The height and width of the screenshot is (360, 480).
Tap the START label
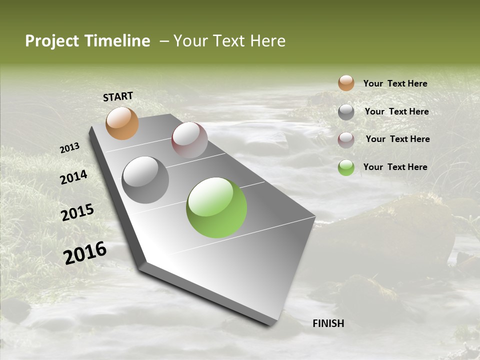pos(118,96)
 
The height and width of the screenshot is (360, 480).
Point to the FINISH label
pos(328,323)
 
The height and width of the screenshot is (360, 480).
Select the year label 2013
pos(70,148)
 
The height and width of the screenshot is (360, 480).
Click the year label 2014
pos(74,177)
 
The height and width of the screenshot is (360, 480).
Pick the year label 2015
pos(77,212)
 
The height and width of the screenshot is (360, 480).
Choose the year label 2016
pos(85,253)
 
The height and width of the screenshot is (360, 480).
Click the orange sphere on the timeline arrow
pos(122,123)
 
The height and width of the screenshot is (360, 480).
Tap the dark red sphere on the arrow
pos(189,140)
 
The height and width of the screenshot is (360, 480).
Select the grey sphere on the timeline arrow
pos(145,180)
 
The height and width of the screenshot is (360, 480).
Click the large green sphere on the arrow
pos(216,207)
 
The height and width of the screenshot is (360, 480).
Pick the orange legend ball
pos(346,83)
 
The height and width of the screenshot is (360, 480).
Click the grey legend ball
pos(346,112)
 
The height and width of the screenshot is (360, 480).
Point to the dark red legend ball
pos(346,139)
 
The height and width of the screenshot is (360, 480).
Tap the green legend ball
pos(346,167)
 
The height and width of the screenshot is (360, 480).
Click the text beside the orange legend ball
pos(395,83)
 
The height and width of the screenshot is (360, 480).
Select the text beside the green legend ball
pos(395,167)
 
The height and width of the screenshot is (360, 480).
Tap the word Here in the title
pos(267,41)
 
